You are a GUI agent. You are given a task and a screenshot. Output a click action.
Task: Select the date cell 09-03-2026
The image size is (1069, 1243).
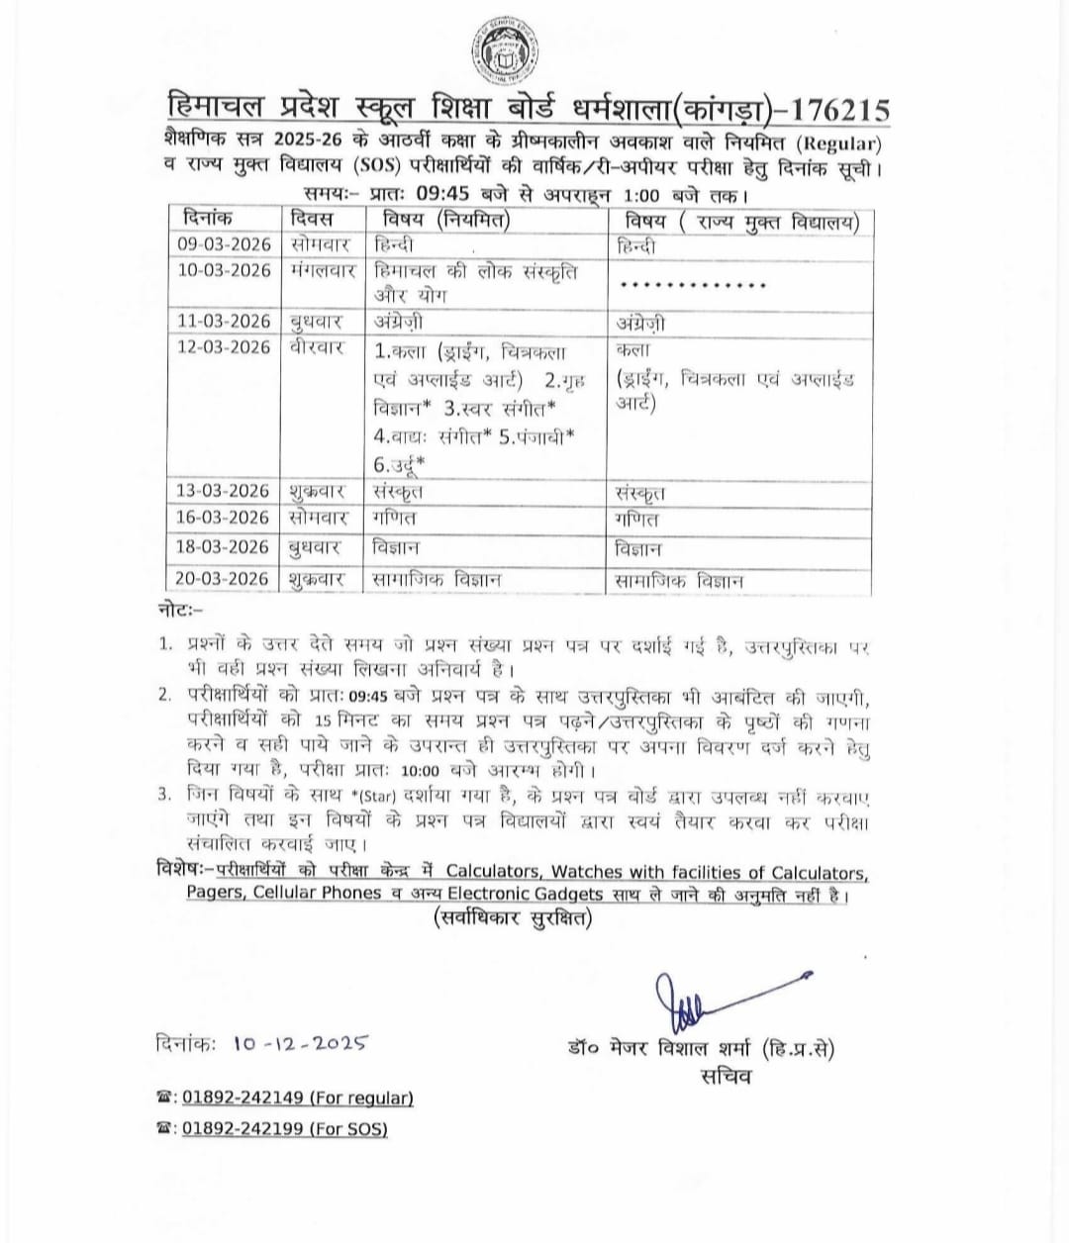[224, 244]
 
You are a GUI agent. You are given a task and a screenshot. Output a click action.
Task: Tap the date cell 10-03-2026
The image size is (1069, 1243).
[224, 270]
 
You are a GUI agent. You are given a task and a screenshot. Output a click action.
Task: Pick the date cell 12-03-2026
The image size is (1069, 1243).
[224, 346]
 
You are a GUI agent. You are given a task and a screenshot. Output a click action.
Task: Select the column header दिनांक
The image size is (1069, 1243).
[207, 219]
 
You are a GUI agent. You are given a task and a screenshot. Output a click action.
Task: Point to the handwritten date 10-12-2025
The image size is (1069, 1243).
[302, 1043]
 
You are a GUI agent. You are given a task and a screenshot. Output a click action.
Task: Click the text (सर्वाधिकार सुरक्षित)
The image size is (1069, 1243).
[513, 918]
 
